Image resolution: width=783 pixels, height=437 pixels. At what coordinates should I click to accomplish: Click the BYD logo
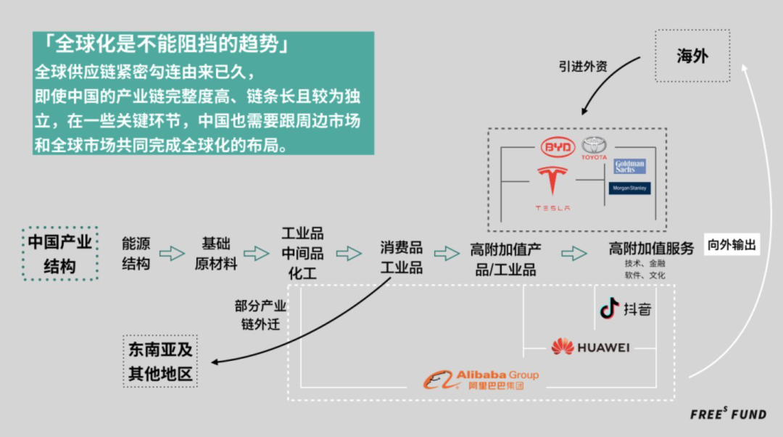[x=558, y=147]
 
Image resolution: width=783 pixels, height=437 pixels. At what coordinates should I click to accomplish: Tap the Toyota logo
[x=594, y=148]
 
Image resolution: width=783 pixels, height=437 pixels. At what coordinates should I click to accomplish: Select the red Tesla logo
[x=552, y=186]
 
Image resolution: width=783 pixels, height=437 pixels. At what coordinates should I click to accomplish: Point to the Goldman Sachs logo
[x=629, y=166]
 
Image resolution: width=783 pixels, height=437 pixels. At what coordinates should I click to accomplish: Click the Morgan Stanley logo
[x=629, y=188]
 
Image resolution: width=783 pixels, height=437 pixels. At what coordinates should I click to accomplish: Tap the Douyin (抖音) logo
[x=625, y=309]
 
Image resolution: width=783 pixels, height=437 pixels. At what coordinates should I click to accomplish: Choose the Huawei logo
[x=590, y=347]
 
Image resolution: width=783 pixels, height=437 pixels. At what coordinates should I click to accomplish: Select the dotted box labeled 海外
[x=692, y=56]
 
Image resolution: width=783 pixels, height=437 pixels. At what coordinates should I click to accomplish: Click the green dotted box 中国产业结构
[x=59, y=254]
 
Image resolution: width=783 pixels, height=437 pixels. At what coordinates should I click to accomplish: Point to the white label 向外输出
[x=732, y=245]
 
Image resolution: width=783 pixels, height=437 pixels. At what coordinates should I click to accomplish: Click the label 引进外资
[x=583, y=66]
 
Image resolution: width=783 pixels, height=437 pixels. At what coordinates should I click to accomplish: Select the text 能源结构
[x=136, y=253]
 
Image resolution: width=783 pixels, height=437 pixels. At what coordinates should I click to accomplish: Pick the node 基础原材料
[x=215, y=253]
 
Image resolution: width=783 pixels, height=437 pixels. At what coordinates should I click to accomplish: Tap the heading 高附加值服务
[x=651, y=248]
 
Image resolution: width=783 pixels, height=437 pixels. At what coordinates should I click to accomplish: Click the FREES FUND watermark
[x=728, y=415]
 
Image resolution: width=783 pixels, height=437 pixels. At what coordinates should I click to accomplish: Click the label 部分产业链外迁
[x=260, y=315]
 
